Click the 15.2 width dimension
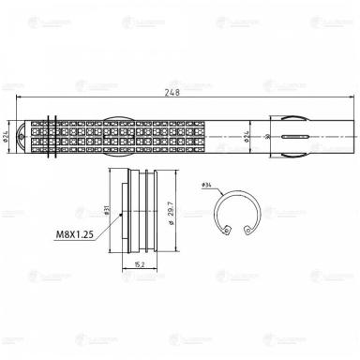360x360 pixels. click(138, 264)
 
